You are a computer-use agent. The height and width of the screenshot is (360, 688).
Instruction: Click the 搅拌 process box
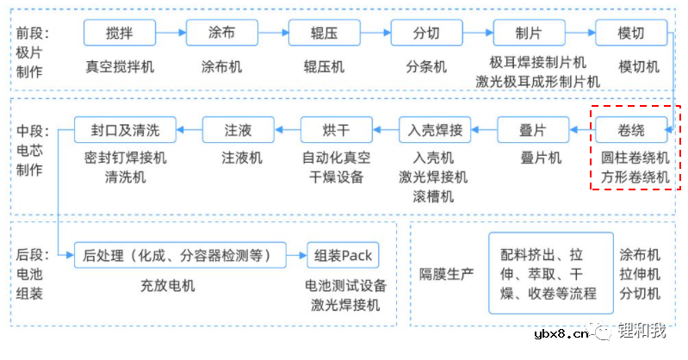coord(120,34)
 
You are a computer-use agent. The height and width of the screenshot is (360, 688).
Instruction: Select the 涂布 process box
coord(221,34)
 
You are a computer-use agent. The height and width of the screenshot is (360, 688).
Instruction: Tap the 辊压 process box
coord(324,34)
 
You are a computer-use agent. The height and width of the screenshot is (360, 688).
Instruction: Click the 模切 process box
coord(631,34)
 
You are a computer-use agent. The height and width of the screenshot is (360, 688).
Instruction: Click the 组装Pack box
coord(344,255)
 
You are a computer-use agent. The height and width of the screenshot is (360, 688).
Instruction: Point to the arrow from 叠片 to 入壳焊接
coord(486,131)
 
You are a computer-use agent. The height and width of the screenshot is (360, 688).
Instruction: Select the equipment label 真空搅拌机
coord(120,66)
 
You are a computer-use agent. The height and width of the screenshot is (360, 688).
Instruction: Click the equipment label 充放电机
coord(168,285)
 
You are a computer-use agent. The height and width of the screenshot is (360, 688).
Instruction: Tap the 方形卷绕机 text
coord(635,177)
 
